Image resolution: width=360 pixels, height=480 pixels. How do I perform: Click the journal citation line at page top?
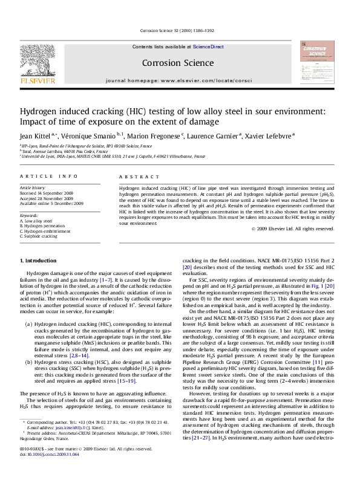click(179, 29)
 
